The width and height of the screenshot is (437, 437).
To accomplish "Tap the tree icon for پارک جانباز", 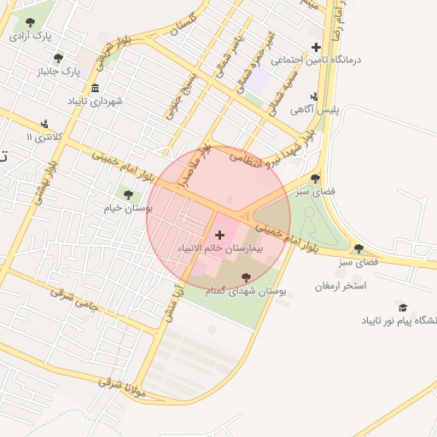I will pyautogui.click(x=58, y=58).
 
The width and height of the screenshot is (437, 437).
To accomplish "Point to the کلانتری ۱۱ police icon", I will pyautogui.click(x=44, y=124).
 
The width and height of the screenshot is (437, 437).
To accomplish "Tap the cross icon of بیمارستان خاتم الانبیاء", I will pyautogui.click(x=219, y=234).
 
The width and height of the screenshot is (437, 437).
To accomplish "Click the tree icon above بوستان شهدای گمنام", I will pyautogui.click(x=247, y=277).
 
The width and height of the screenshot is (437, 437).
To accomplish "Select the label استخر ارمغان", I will pyautogui.click(x=340, y=285).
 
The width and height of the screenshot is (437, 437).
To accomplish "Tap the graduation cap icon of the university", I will pyautogui.click(x=403, y=307).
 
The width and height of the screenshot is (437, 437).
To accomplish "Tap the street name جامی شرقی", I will pyautogui.click(x=72, y=298).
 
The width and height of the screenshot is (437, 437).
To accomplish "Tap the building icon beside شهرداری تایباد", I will pyautogui.click(x=95, y=88).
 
